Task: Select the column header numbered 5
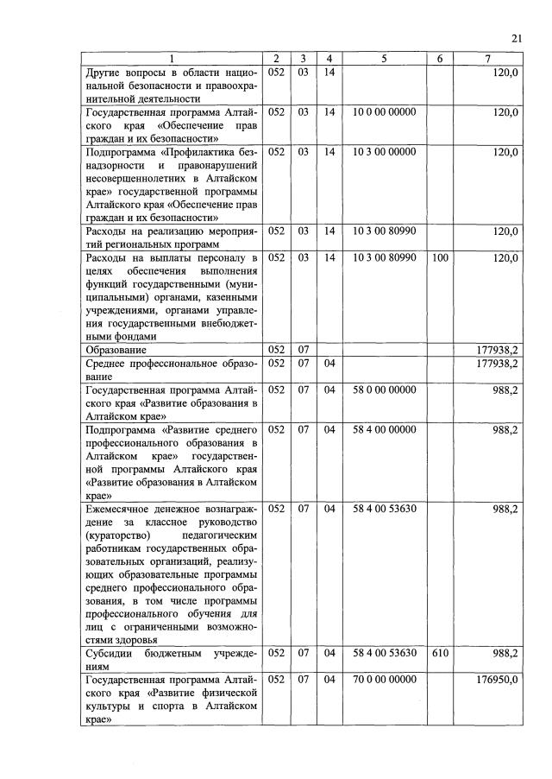pos(384,58)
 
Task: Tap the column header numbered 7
pos(487,58)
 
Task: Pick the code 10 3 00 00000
pos(384,151)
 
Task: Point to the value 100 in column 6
pos(439,257)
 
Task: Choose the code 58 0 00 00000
pos(384,389)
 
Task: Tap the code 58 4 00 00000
pos(384,428)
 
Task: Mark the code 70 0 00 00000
pos(384,681)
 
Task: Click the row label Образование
pos(116,350)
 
